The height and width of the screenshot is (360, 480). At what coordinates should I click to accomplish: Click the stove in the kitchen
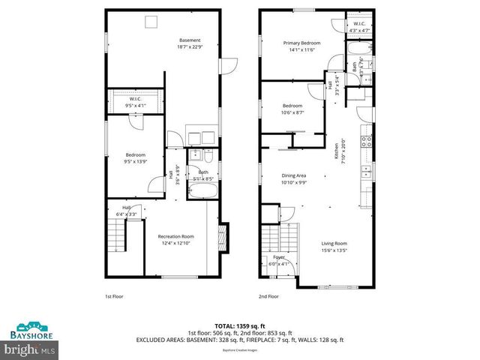(x=367, y=140)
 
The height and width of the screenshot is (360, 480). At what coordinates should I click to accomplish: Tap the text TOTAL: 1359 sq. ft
(x=239, y=325)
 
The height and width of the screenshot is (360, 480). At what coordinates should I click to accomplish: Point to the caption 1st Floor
(x=113, y=296)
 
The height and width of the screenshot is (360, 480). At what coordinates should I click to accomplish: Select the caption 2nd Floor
(x=268, y=296)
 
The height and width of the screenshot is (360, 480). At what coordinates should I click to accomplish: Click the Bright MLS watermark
(x=29, y=349)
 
